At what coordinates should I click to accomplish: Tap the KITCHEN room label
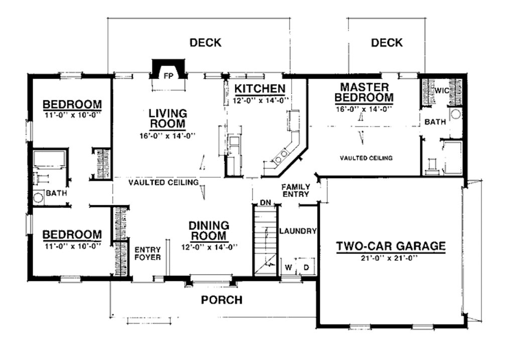coord(260,89)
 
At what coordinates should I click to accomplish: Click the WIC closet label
coord(442,91)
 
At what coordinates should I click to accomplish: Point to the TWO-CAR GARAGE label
coord(391,246)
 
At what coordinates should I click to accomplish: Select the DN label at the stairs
coord(265,203)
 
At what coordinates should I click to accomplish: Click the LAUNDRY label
coord(297,231)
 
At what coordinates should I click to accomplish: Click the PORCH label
coord(221,300)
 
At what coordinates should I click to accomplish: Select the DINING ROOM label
coord(209,231)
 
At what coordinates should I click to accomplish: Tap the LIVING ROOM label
coord(167,118)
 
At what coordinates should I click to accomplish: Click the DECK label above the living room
coord(205,43)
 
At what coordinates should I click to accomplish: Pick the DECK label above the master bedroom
coord(387,43)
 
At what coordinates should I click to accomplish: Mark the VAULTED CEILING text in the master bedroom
coord(365,158)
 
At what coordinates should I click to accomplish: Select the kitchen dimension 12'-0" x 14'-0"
coord(260,100)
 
